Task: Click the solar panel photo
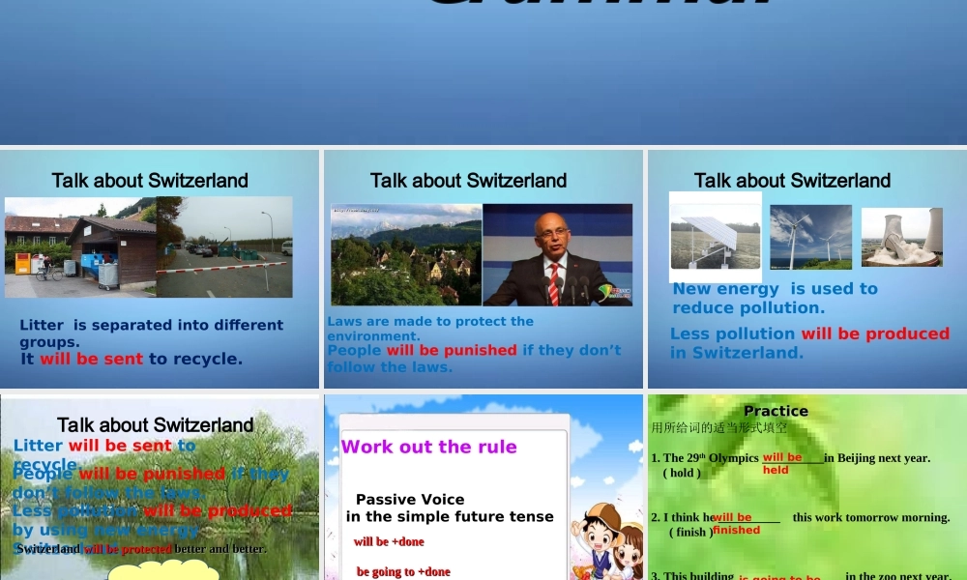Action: [716, 236]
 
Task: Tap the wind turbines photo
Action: [810, 237]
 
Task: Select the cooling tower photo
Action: [901, 238]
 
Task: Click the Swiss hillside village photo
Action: [406, 255]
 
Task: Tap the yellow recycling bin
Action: [22, 264]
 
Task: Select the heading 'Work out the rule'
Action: [428, 447]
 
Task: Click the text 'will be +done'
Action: [389, 541]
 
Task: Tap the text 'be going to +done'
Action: [403, 571]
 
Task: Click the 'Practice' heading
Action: [776, 411]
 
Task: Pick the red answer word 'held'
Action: [776, 471]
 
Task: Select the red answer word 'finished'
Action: [737, 530]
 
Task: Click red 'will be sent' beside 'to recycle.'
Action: [91, 359]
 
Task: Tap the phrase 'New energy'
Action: [725, 289]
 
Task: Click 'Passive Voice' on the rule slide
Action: [410, 499]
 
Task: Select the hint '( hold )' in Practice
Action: [682, 473]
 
